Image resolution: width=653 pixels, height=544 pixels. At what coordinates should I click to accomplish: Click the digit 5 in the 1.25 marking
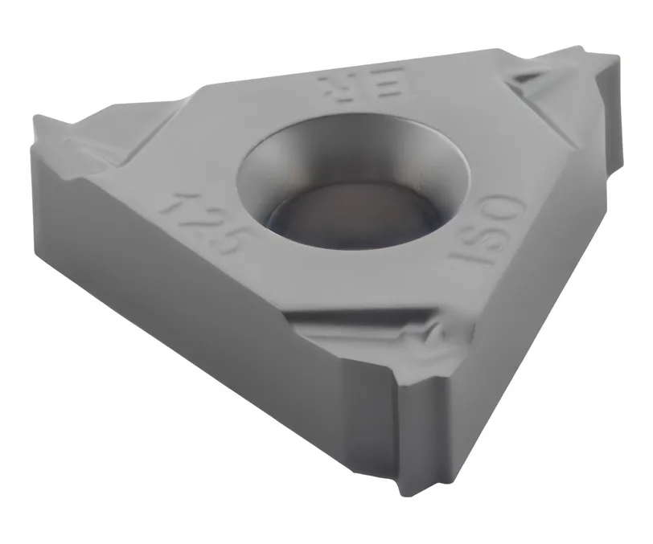232,246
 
